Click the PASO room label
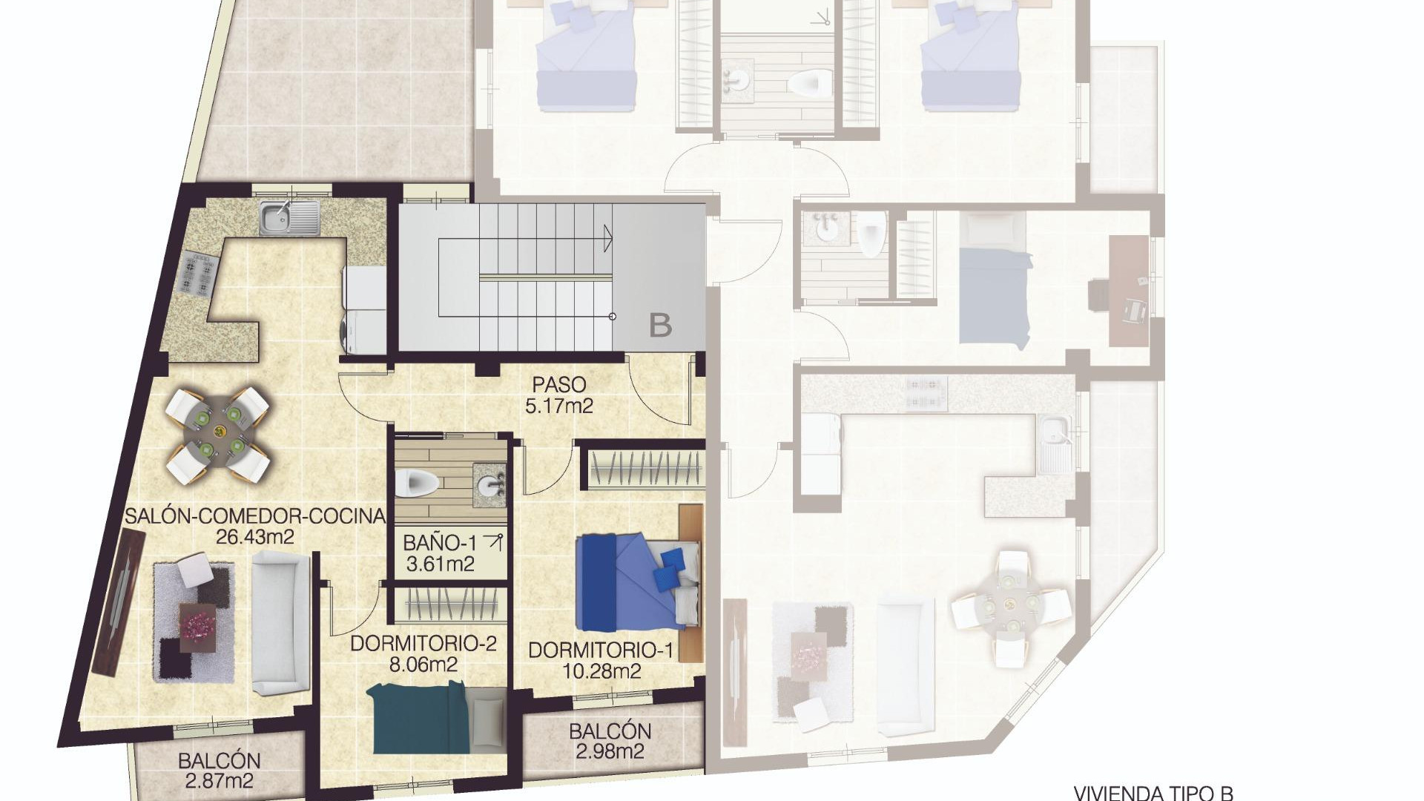point(559,385)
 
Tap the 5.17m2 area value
point(559,406)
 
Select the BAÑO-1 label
point(440,543)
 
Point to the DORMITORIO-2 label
point(423,644)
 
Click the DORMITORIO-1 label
point(601,651)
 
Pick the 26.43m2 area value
point(254,537)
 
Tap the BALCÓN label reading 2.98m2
point(610,741)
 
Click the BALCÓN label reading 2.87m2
point(219,771)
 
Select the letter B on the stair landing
point(660,325)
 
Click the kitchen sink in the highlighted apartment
point(289,217)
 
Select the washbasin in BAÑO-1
point(490,485)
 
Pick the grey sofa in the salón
point(280,623)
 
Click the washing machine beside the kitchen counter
point(363,331)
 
